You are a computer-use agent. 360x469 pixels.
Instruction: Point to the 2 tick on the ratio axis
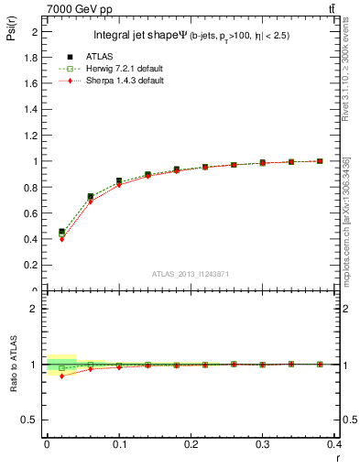pyautogui.click(x=38, y=309)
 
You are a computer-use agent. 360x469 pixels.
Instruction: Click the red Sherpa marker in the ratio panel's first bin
pyautogui.click(x=61, y=376)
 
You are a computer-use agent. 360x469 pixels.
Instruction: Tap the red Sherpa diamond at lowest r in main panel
pyautogui.click(x=61, y=239)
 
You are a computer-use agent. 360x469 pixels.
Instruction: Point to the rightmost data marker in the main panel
pyautogui.click(x=320, y=161)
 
